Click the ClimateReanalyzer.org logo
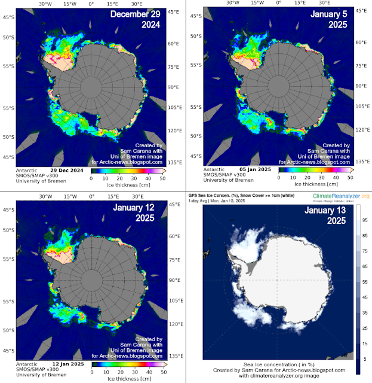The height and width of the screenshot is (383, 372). (x=339, y=196)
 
